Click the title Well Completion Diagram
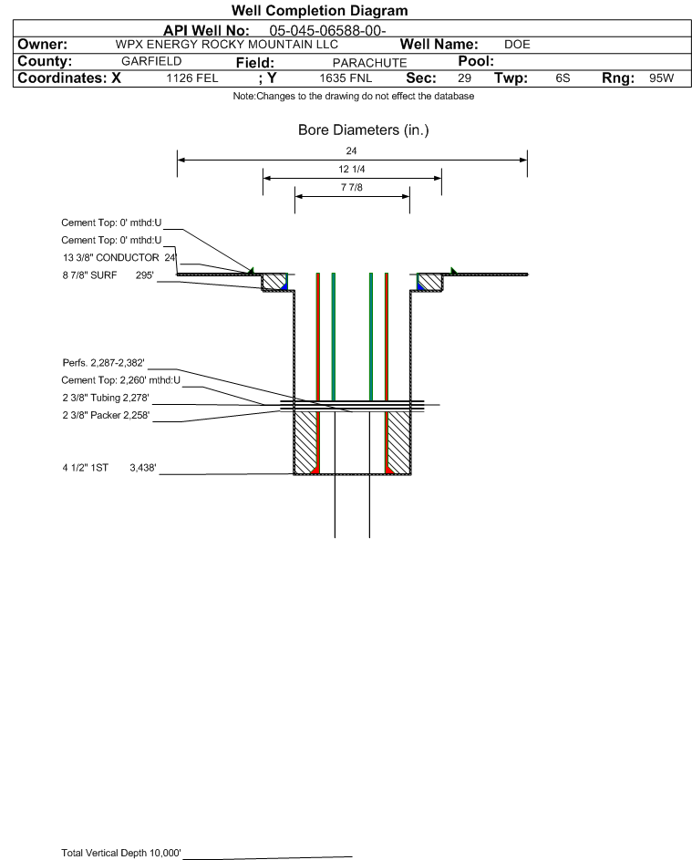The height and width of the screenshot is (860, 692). click(x=320, y=10)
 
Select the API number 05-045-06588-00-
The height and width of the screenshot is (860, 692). click(x=327, y=31)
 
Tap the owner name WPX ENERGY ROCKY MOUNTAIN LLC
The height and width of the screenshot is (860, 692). click(x=226, y=45)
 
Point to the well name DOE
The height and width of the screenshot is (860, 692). click(x=517, y=45)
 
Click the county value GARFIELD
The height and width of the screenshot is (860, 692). click(x=151, y=61)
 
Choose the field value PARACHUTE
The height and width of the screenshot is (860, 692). click(x=369, y=63)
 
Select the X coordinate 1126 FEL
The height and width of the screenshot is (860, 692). click(x=191, y=78)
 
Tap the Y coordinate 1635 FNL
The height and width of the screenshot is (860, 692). click(x=346, y=78)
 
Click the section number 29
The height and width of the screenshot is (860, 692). click(x=464, y=78)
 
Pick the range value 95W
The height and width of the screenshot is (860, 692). click(x=661, y=78)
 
